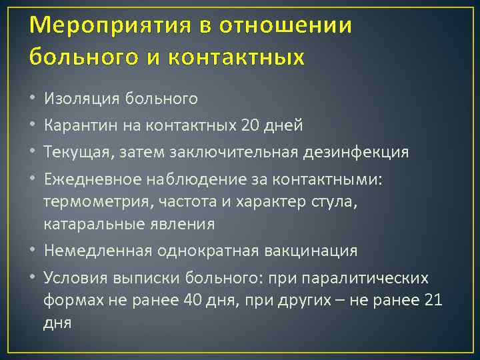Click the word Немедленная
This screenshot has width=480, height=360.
click(97, 251)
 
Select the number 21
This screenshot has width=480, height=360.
click(433, 300)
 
